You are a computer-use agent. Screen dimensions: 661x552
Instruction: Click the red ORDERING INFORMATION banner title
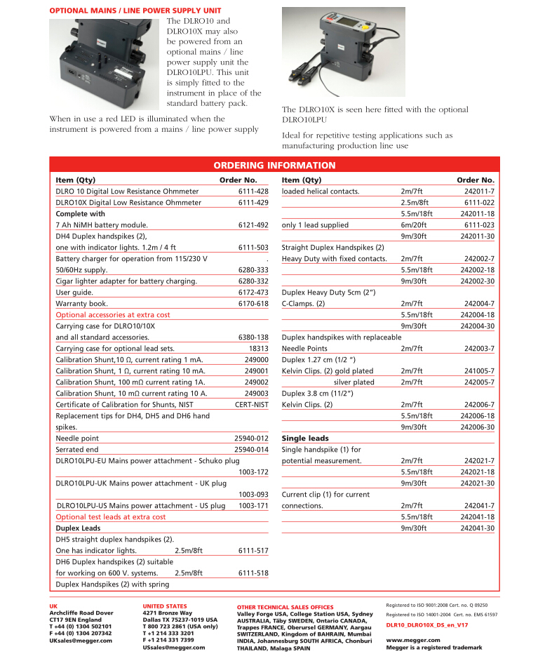[x=274, y=166]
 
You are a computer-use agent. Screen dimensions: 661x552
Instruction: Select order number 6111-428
[x=253, y=192]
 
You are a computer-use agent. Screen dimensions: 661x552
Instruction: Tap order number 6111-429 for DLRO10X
[x=253, y=203]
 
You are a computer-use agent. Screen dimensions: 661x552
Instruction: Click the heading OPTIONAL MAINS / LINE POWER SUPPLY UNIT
[x=135, y=11]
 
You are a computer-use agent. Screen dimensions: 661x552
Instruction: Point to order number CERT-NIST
[x=251, y=405]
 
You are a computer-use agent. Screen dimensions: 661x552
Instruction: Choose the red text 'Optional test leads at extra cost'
[x=111, y=517]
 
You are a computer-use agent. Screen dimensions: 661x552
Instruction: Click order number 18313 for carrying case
[x=258, y=349]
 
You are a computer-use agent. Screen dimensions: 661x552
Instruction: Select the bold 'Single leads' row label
[x=305, y=439]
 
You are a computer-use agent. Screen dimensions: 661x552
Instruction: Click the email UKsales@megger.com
[x=81, y=641]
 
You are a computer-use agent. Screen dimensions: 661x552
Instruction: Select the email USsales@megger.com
[x=173, y=648]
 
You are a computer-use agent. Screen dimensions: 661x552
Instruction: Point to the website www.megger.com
[x=413, y=640]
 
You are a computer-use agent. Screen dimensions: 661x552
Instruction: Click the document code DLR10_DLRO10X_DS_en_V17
[x=427, y=625]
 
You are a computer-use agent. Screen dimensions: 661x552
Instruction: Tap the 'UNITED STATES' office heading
[x=165, y=606]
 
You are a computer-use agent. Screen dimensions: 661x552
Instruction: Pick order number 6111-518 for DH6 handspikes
[x=253, y=573]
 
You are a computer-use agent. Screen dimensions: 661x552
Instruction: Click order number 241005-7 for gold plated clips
[x=479, y=371]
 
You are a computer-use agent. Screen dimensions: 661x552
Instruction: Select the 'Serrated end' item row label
[x=77, y=450]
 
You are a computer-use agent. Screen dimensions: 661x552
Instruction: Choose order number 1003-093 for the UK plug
[x=253, y=495]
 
